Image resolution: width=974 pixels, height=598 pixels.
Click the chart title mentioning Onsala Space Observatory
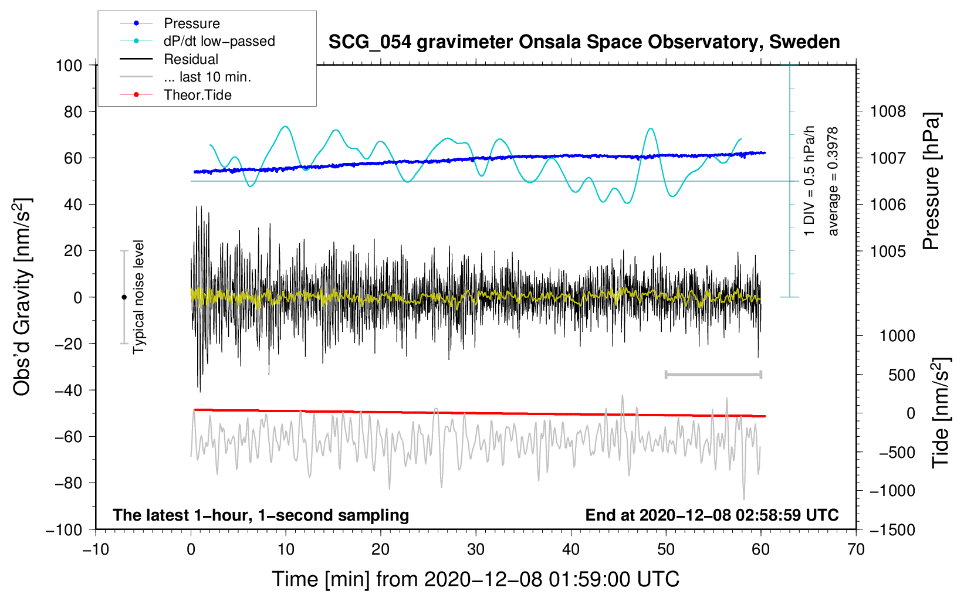click(x=584, y=42)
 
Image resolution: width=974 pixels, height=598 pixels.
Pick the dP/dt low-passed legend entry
click(x=219, y=41)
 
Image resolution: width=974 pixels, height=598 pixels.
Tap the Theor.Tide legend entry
click(x=197, y=95)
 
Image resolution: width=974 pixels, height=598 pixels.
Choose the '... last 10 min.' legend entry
click(x=207, y=77)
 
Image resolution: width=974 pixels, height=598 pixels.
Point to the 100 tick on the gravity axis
click(x=69, y=65)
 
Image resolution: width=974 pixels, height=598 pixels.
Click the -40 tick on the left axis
click(x=69, y=390)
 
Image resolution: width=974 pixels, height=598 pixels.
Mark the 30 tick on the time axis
click(x=476, y=550)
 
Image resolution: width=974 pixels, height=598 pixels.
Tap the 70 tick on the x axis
click(x=856, y=550)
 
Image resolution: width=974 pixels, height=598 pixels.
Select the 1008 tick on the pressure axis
click(x=888, y=111)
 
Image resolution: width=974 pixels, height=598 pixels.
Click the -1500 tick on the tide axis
click(x=892, y=530)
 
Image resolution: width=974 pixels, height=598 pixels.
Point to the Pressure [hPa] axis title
click(x=931, y=182)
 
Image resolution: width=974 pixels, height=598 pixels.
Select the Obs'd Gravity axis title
click(x=22, y=297)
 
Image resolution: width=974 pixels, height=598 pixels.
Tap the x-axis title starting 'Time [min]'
click(x=476, y=579)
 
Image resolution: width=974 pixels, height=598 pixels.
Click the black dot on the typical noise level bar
click(x=124, y=297)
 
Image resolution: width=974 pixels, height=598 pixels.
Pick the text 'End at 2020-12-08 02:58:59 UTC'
click(x=712, y=515)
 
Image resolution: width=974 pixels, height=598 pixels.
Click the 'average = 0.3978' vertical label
click(x=833, y=182)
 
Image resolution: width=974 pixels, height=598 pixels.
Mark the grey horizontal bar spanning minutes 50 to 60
click(x=713, y=374)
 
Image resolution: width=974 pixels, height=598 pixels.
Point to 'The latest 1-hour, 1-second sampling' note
click(x=261, y=515)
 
